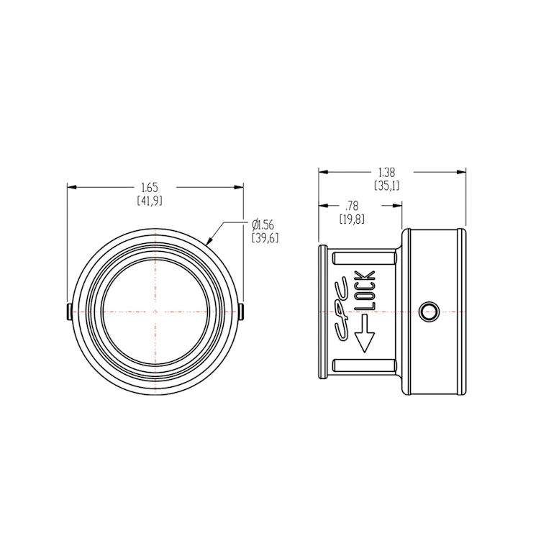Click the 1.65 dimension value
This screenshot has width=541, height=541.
150,187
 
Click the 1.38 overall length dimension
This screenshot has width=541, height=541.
387,173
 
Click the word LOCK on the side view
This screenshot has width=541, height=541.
365,291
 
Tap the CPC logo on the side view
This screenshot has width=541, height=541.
342,308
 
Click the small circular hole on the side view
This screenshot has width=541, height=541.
428,311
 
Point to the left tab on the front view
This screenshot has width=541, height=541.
67,312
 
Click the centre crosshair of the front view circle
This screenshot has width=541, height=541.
154,311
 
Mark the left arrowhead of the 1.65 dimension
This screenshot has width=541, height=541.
73,187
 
